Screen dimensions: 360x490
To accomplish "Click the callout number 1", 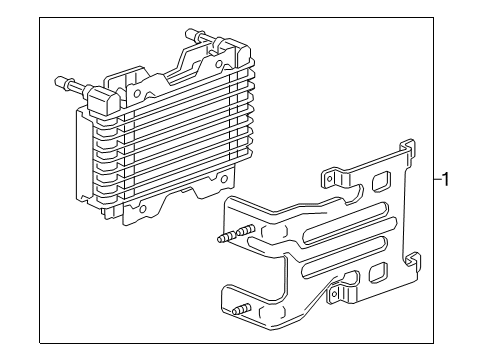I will coord(447,181).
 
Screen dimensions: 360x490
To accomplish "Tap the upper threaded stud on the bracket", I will coord(227,239).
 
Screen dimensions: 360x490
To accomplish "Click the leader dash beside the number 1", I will coord(436,181).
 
